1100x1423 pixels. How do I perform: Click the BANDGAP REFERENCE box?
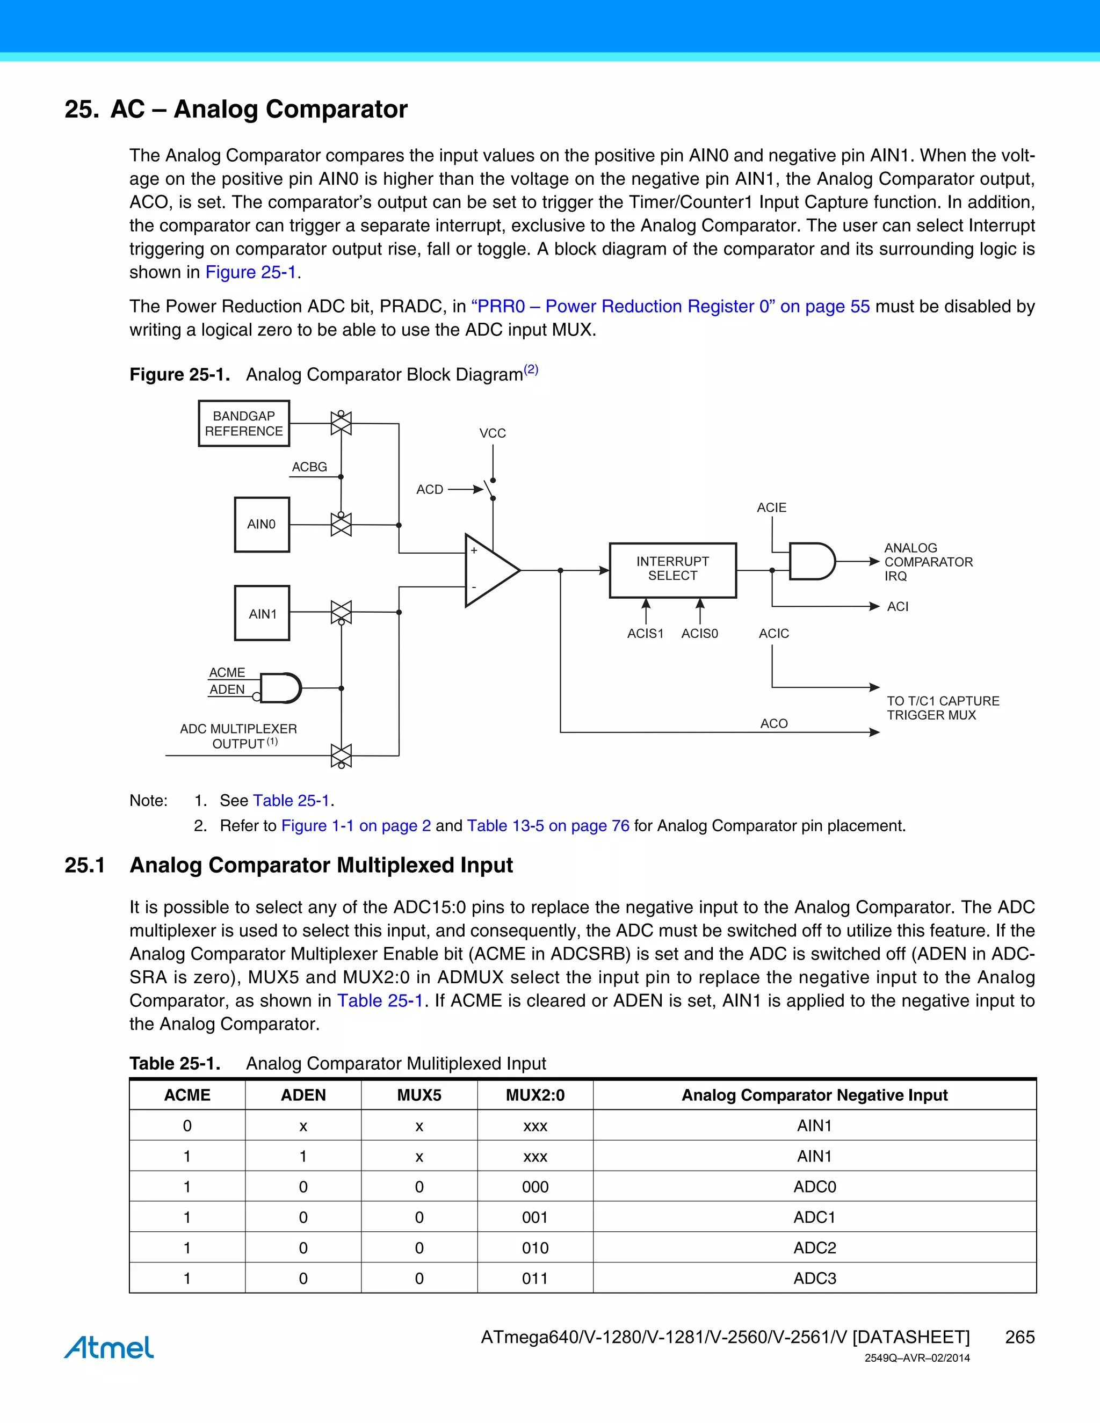click(x=244, y=424)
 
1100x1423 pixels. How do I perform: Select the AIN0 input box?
click(x=262, y=525)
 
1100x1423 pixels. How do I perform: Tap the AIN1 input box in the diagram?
click(x=262, y=613)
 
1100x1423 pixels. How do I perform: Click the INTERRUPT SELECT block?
click(x=672, y=569)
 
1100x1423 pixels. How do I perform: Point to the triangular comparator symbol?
click(x=489, y=571)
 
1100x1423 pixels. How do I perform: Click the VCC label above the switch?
click(x=492, y=433)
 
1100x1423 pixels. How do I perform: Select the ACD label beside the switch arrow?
click(x=430, y=489)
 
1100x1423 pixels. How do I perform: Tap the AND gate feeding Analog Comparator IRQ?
click(x=810, y=561)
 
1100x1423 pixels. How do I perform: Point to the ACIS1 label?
click(x=645, y=633)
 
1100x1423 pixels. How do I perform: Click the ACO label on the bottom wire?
click(x=773, y=723)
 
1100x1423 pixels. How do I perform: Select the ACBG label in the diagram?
click(x=309, y=467)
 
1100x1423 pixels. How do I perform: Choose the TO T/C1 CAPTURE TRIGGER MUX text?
click(x=942, y=708)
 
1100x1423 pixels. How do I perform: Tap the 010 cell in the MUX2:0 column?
click(x=535, y=1248)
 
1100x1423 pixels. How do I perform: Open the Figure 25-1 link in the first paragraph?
click(x=251, y=272)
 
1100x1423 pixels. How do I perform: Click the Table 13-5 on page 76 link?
click(x=548, y=825)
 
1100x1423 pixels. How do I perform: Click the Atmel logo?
click(x=109, y=1347)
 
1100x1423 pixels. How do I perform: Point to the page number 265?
click(x=1019, y=1337)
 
